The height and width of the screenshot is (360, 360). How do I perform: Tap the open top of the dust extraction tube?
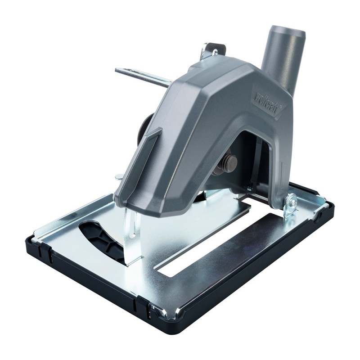pos(287,32)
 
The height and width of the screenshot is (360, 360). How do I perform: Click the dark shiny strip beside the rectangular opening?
pos(252,256)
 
